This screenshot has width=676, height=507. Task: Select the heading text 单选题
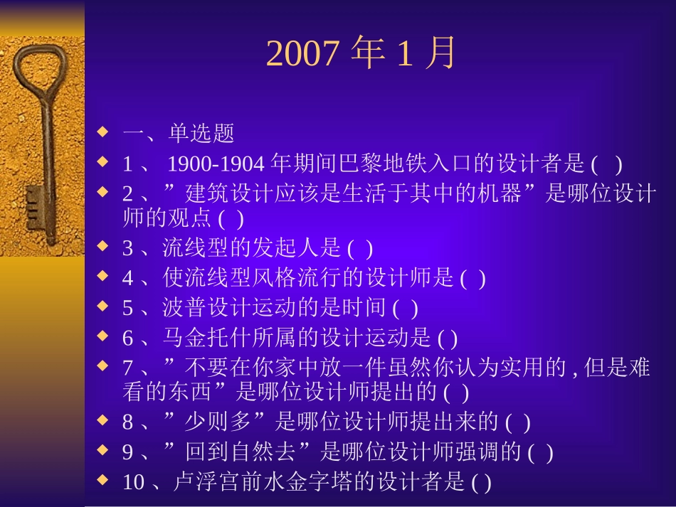coord(201,134)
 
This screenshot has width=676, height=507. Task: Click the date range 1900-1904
coord(218,165)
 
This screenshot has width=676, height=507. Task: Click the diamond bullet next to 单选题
coord(103,131)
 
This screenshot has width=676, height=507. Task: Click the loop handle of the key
coord(32,71)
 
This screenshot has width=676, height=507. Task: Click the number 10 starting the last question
coord(133,484)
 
